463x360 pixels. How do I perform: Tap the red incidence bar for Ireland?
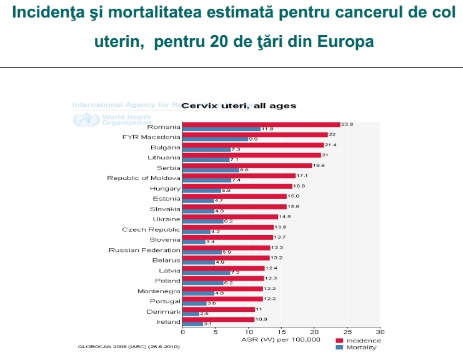click(218, 319)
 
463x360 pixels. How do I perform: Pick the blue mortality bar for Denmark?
click(191, 314)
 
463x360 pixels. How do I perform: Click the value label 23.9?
click(347, 124)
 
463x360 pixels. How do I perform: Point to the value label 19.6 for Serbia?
click(318, 166)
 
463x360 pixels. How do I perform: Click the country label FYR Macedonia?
click(151, 137)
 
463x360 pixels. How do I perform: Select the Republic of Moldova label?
click(143, 178)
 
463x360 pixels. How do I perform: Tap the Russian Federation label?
click(144, 250)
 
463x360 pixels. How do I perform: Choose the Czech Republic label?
click(151, 229)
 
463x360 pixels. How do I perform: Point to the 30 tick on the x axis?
click(380, 332)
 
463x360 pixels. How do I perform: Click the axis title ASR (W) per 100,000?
click(281, 339)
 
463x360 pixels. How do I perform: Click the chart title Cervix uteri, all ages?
click(239, 106)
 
